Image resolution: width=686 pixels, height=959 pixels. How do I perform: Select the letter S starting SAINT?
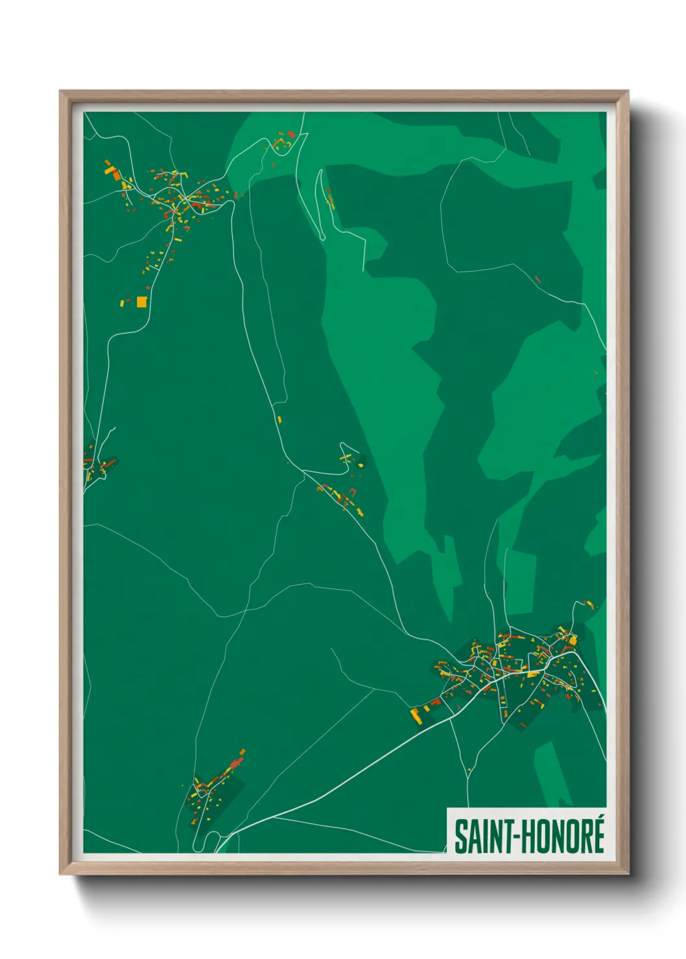tap(460, 837)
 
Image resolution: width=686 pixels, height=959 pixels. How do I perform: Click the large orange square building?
tap(141, 301)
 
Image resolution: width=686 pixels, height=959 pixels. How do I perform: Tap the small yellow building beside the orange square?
tap(122, 303)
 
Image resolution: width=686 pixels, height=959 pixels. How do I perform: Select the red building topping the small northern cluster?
tap(291, 134)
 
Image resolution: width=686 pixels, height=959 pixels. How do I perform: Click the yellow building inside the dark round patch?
tap(360, 465)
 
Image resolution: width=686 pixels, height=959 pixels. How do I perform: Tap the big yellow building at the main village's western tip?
tap(414, 715)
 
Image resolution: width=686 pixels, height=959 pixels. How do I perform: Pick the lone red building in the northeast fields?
tap(537, 279)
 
